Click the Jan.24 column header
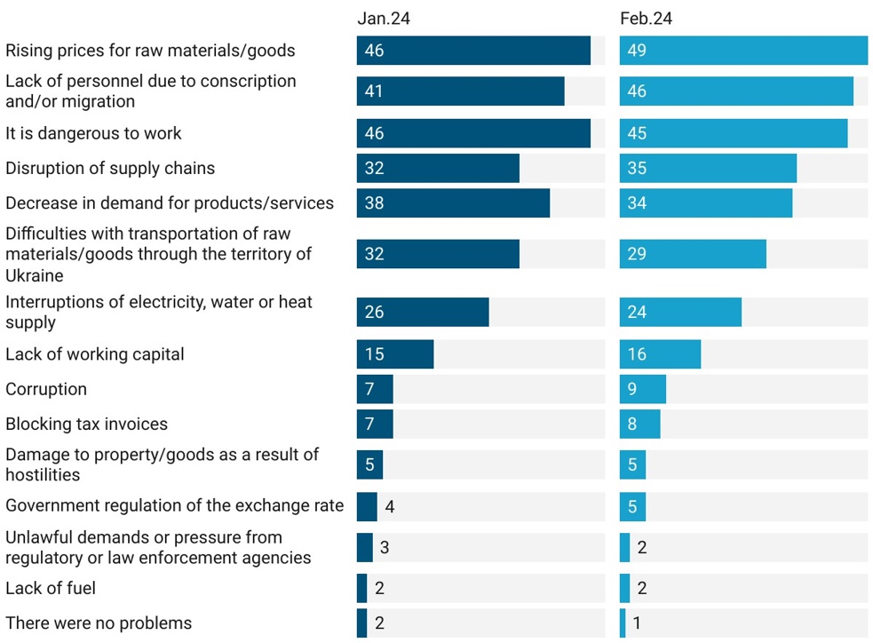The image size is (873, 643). click(x=384, y=18)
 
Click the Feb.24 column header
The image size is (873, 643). click(x=646, y=18)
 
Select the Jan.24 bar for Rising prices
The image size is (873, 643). click(x=473, y=51)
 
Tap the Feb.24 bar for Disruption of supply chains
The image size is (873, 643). click(x=708, y=168)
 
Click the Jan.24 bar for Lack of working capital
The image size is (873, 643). click(x=395, y=354)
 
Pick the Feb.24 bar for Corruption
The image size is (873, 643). click(x=643, y=389)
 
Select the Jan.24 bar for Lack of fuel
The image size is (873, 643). click(x=361, y=588)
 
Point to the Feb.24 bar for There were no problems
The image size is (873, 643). click(x=623, y=623)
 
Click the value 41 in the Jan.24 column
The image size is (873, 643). click(x=374, y=91)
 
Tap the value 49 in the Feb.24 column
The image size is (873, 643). click(x=637, y=51)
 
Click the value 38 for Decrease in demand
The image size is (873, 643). click(x=374, y=203)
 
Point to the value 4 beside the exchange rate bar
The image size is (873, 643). click(x=390, y=506)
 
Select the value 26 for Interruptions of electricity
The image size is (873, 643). click(x=374, y=313)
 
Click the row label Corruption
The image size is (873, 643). click(x=46, y=389)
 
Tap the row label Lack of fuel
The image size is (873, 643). click(x=51, y=588)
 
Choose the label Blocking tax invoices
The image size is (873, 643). click(x=86, y=425)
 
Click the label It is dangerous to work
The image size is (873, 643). click(x=93, y=133)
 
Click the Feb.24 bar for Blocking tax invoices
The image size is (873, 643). click(x=640, y=425)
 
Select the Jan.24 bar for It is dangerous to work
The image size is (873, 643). click(x=473, y=133)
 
